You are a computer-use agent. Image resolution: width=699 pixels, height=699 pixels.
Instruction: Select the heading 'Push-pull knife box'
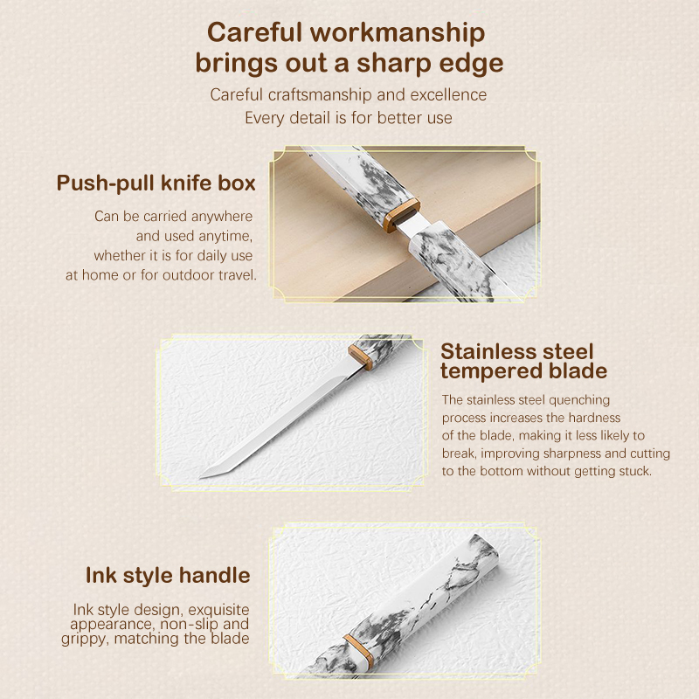click(156, 183)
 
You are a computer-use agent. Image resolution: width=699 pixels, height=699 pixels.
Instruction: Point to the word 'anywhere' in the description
click(222, 217)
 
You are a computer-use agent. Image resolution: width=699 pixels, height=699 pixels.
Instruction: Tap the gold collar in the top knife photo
click(402, 215)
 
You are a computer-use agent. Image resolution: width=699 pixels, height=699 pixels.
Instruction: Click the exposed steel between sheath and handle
click(412, 225)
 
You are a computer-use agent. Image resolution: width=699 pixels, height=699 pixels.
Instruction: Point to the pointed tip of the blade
click(202, 477)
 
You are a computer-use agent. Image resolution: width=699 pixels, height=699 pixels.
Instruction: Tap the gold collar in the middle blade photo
click(361, 356)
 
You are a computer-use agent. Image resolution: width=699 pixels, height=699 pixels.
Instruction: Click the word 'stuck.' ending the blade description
click(635, 471)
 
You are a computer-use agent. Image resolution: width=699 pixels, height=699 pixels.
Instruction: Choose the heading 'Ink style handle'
click(168, 576)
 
